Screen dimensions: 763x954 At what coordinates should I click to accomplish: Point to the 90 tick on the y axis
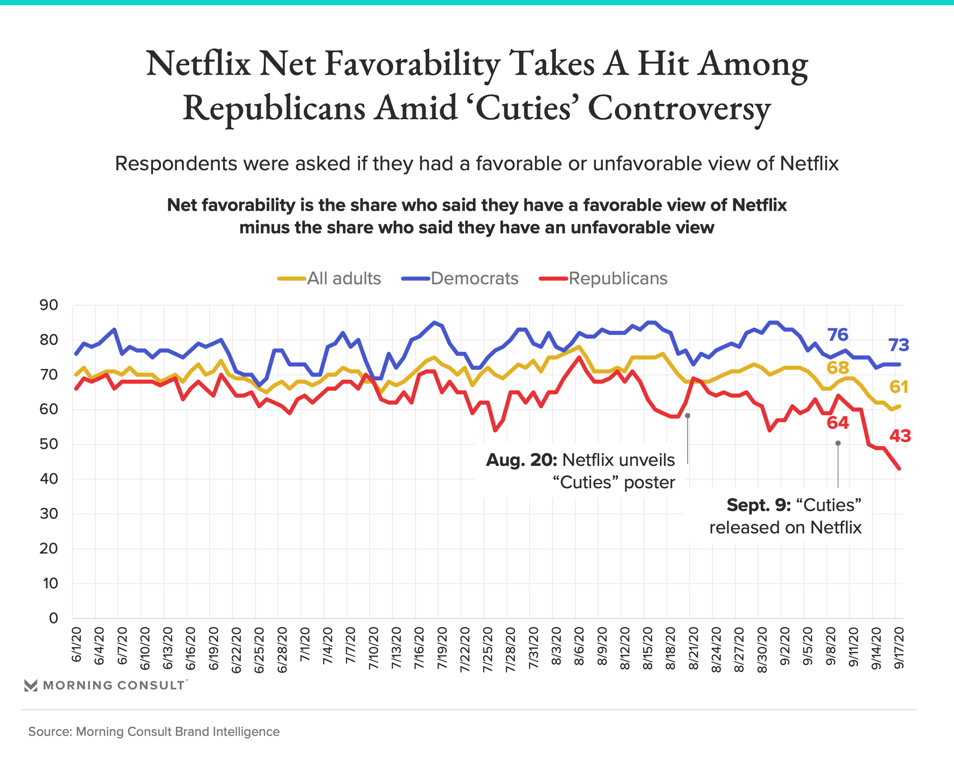point(49,305)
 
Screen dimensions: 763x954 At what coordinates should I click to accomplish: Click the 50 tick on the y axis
point(49,444)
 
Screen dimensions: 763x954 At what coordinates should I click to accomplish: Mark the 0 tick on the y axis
point(53,618)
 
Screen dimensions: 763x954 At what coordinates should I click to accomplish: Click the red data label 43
point(900,436)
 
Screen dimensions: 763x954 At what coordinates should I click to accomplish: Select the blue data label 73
point(898,345)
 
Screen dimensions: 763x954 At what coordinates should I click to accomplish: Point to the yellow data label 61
point(898,386)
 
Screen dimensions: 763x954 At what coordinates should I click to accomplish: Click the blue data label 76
point(837,335)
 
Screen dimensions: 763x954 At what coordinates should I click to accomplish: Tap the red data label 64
point(838,423)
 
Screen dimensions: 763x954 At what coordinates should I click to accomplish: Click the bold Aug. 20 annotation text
point(521,460)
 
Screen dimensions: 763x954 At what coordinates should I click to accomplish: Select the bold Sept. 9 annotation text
point(758,505)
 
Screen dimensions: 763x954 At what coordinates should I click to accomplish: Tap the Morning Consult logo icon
point(31,686)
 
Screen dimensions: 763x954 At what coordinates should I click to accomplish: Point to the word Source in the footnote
point(50,732)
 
